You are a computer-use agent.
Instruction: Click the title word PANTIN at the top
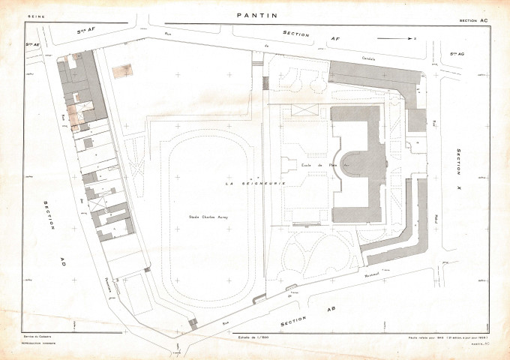tap(256, 14)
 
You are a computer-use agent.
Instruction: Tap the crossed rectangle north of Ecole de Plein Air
tap(304, 111)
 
